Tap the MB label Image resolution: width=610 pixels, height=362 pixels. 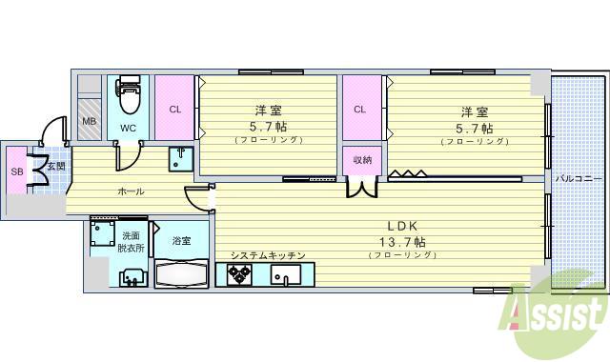pos(89,121)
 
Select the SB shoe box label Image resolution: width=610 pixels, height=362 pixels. pos(16,171)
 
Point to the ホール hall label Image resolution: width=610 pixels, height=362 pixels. pos(131,191)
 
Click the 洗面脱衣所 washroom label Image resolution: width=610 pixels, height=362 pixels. pos(132,241)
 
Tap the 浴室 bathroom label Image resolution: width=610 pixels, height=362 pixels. pos(181,241)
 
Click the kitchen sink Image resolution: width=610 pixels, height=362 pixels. pos(284,276)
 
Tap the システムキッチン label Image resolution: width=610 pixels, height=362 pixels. pos(267,255)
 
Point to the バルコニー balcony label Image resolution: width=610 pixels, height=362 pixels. pos(578,178)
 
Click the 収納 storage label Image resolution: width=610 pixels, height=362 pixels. pos(362,159)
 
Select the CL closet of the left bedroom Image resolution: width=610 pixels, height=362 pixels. pos(174,109)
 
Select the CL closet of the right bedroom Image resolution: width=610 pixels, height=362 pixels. pos(359,109)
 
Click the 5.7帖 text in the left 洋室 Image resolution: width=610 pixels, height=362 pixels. pos(268,127)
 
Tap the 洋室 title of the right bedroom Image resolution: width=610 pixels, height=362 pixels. pos(474,110)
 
